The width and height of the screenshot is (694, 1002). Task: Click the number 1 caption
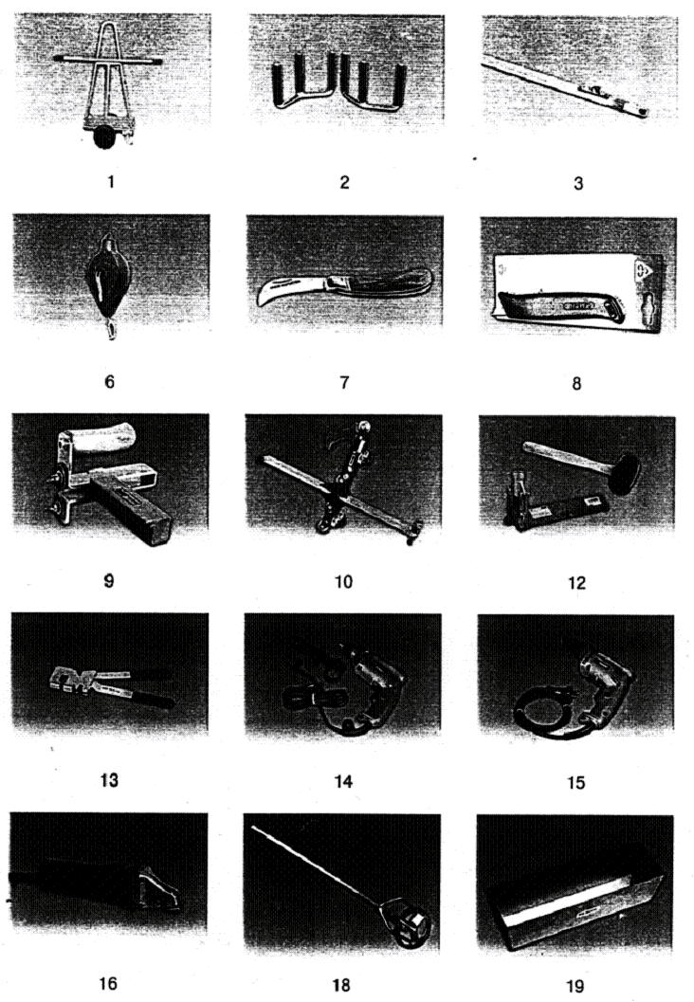[x=111, y=181]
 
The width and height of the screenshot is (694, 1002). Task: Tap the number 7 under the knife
[x=344, y=382]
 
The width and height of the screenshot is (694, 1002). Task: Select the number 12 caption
[x=576, y=582]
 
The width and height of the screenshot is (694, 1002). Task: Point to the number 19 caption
[x=575, y=986]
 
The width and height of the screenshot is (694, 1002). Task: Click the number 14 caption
[x=344, y=781]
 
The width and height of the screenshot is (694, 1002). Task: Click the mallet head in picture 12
[x=625, y=474]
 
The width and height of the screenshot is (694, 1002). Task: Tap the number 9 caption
[x=109, y=581]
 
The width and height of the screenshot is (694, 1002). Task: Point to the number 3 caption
[x=578, y=183]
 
